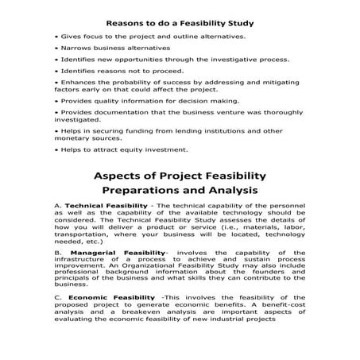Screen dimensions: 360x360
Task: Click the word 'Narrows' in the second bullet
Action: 72,48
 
